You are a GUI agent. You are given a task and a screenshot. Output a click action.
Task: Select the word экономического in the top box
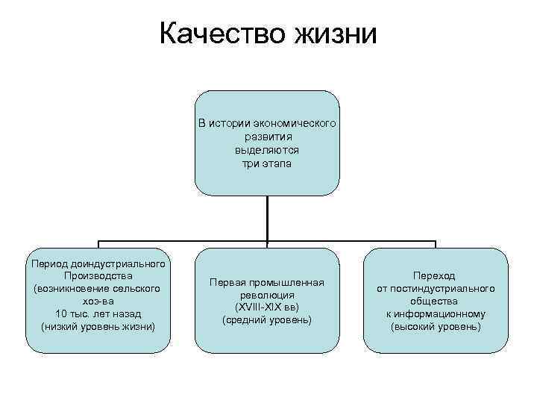295,122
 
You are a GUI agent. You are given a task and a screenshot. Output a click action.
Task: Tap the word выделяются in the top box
267,149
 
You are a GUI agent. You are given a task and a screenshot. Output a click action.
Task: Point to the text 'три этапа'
267,163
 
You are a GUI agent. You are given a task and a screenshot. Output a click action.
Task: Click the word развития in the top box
267,136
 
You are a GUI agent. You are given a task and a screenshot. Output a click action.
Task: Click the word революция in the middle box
267,296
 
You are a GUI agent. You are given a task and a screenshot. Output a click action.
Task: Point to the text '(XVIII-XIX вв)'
267,307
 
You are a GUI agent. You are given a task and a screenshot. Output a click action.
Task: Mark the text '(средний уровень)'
267,320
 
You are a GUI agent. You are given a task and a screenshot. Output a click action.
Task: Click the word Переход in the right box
436,275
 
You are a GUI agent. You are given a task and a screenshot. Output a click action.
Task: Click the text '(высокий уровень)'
436,326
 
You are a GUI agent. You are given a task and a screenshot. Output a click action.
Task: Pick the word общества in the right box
436,301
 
